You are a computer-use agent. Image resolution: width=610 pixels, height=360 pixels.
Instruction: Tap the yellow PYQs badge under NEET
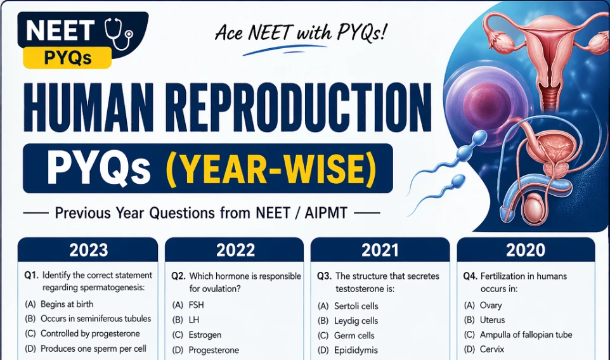tap(67, 58)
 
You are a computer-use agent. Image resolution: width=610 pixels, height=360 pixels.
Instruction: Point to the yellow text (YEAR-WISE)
tap(271, 169)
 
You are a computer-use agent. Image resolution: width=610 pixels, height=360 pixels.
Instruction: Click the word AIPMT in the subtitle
tap(326, 213)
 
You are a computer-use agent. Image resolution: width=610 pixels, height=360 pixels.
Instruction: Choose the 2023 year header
tap(88, 250)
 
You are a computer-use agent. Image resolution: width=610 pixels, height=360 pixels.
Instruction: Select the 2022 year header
tap(235, 250)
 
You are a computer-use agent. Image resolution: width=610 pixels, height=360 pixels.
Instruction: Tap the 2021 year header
tap(380, 250)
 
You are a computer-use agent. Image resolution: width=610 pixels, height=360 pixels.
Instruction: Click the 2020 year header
tap(526, 250)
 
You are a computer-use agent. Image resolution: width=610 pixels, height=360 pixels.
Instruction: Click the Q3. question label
tap(324, 276)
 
